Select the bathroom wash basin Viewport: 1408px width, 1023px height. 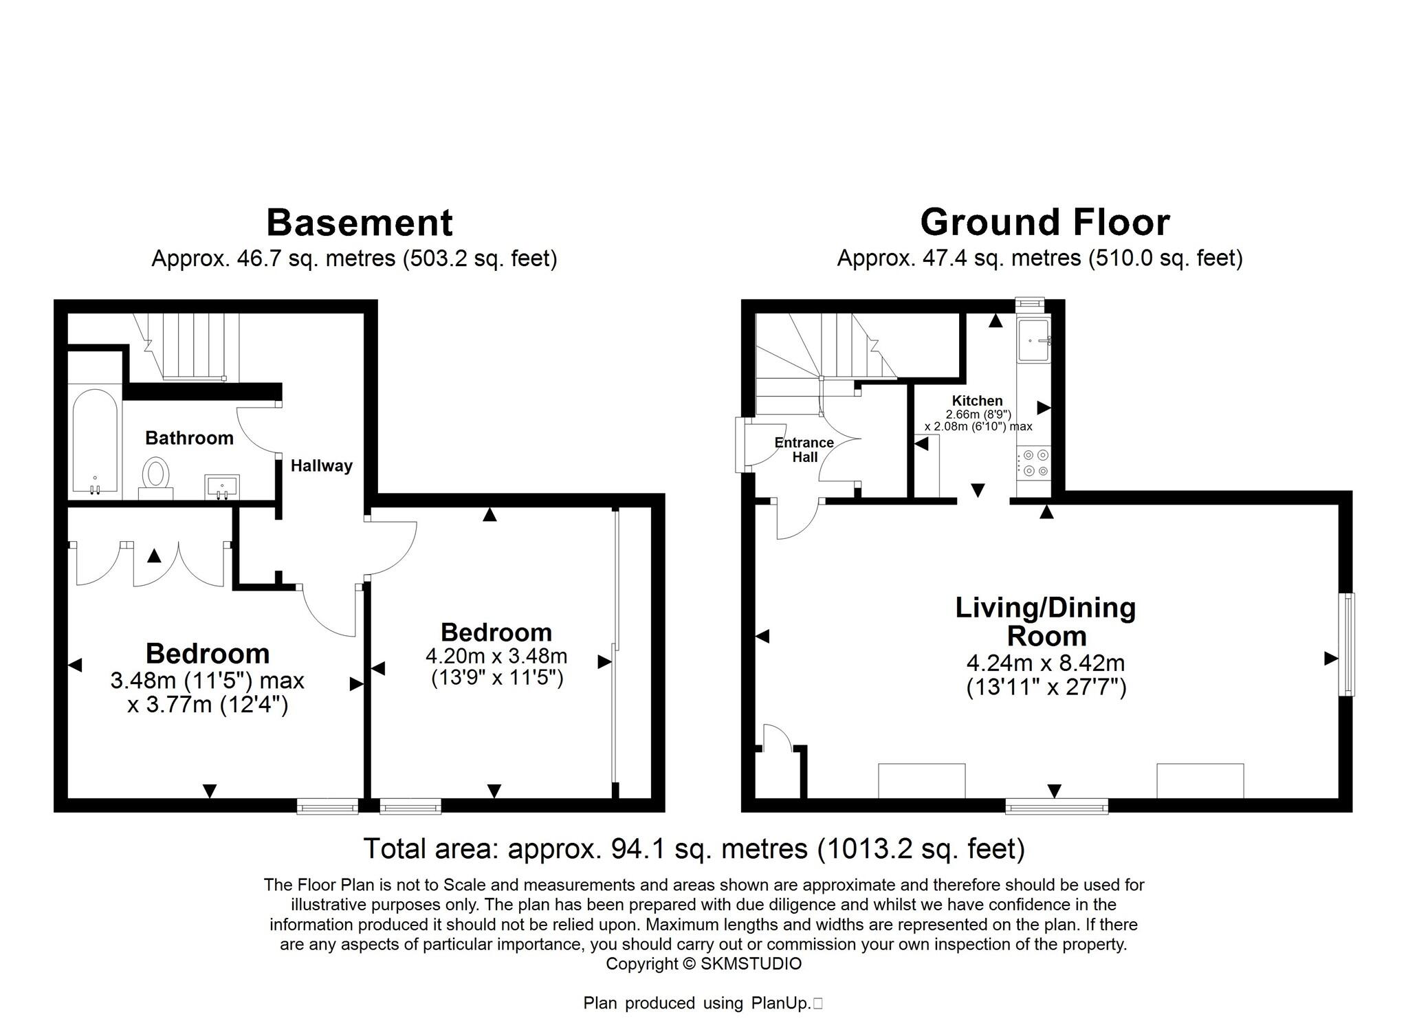(x=222, y=486)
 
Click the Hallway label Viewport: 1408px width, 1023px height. (x=321, y=466)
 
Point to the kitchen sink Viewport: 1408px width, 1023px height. (x=1033, y=340)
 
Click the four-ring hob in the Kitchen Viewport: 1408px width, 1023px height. (x=1033, y=463)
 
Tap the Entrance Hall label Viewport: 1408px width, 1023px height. (x=804, y=450)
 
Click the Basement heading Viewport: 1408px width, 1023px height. (x=359, y=223)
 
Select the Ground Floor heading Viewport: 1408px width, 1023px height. (x=1044, y=223)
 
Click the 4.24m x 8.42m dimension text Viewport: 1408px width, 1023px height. (x=1046, y=663)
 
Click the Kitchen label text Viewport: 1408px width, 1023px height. (x=977, y=401)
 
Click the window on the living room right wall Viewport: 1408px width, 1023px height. (x=1349, y=644)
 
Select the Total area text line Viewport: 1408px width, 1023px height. (x=694, y=849)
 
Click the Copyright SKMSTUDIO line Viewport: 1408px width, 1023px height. (x=703, y=964)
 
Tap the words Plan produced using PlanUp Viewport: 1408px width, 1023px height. (x=698, y=1003)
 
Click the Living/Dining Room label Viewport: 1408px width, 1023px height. (x=1046, y=621)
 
